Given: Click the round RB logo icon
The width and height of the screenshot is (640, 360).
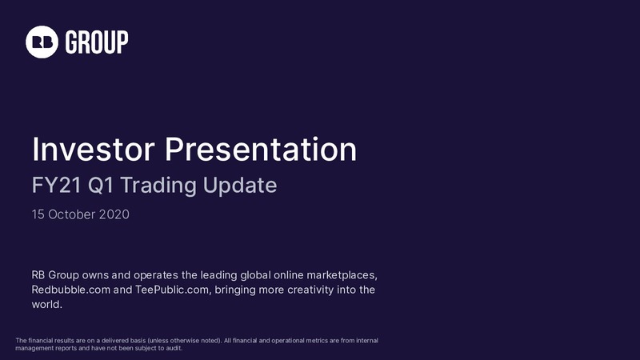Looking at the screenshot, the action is (x=42, y=42).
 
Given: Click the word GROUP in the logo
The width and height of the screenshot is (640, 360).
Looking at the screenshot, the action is (x=97, y=42).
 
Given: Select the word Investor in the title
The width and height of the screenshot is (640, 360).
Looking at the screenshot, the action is (x=94, y=150).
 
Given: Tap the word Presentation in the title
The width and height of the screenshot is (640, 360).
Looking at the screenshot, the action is (x=261, y=150).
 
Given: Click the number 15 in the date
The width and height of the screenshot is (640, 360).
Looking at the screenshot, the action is (x=38, y=214).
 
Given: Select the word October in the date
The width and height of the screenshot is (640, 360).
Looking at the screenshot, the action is (x=72, y=214).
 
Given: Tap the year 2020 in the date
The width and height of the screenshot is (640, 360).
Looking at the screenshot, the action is (x=114, y=214).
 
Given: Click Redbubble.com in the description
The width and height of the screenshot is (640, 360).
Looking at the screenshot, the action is (x=71, y=290).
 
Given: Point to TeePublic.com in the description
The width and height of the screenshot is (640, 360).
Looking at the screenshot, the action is (x=173, y=290).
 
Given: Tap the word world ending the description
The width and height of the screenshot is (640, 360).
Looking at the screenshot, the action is (x=46, y=305).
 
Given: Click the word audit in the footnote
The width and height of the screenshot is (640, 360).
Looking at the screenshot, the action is (x=174, y=348).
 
